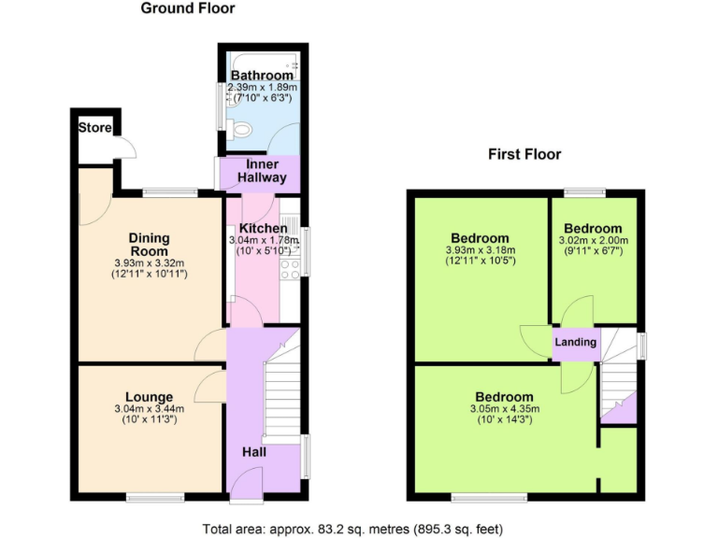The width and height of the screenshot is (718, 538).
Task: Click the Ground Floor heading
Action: click(x=188, y=9)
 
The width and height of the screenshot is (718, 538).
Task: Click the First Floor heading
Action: click(x=524, y=154)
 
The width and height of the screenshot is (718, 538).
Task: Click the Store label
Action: click(x=93, y=127)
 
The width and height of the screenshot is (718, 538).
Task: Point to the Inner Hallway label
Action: click(x=262, y=171)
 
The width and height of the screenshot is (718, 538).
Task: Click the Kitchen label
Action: click(x=263, y=228)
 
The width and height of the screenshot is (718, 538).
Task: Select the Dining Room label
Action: click(x=149, y=244)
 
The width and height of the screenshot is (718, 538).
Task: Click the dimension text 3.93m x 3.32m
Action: click(x=149, y=262)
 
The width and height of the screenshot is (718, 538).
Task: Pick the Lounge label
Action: click(x=149, y=396)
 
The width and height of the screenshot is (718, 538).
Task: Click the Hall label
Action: click(x=254, y=452)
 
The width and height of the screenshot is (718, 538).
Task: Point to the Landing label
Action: click(x=576, y=342)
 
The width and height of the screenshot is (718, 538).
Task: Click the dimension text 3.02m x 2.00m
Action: click(x=593, y=241)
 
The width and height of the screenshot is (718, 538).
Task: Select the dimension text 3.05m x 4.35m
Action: click(x=504, y=409)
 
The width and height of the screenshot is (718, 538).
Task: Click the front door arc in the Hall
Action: click(x=242, y=479)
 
